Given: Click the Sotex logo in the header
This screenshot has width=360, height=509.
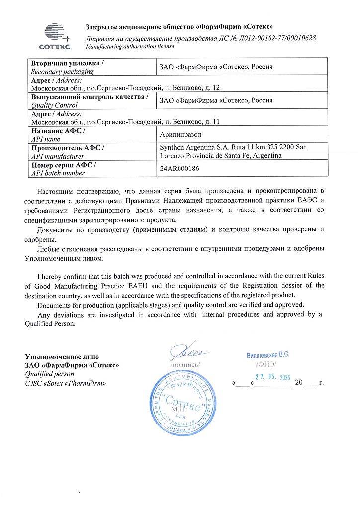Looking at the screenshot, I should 54,36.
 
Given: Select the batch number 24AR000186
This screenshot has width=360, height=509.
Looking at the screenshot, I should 179,169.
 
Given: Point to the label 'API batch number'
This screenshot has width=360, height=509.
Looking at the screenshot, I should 58,173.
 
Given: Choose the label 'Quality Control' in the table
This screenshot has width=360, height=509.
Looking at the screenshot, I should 54,105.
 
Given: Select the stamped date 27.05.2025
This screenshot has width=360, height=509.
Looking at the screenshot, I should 272,377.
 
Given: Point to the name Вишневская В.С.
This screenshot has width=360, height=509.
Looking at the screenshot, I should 268,355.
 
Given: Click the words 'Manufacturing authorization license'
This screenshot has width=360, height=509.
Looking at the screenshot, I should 130,46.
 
